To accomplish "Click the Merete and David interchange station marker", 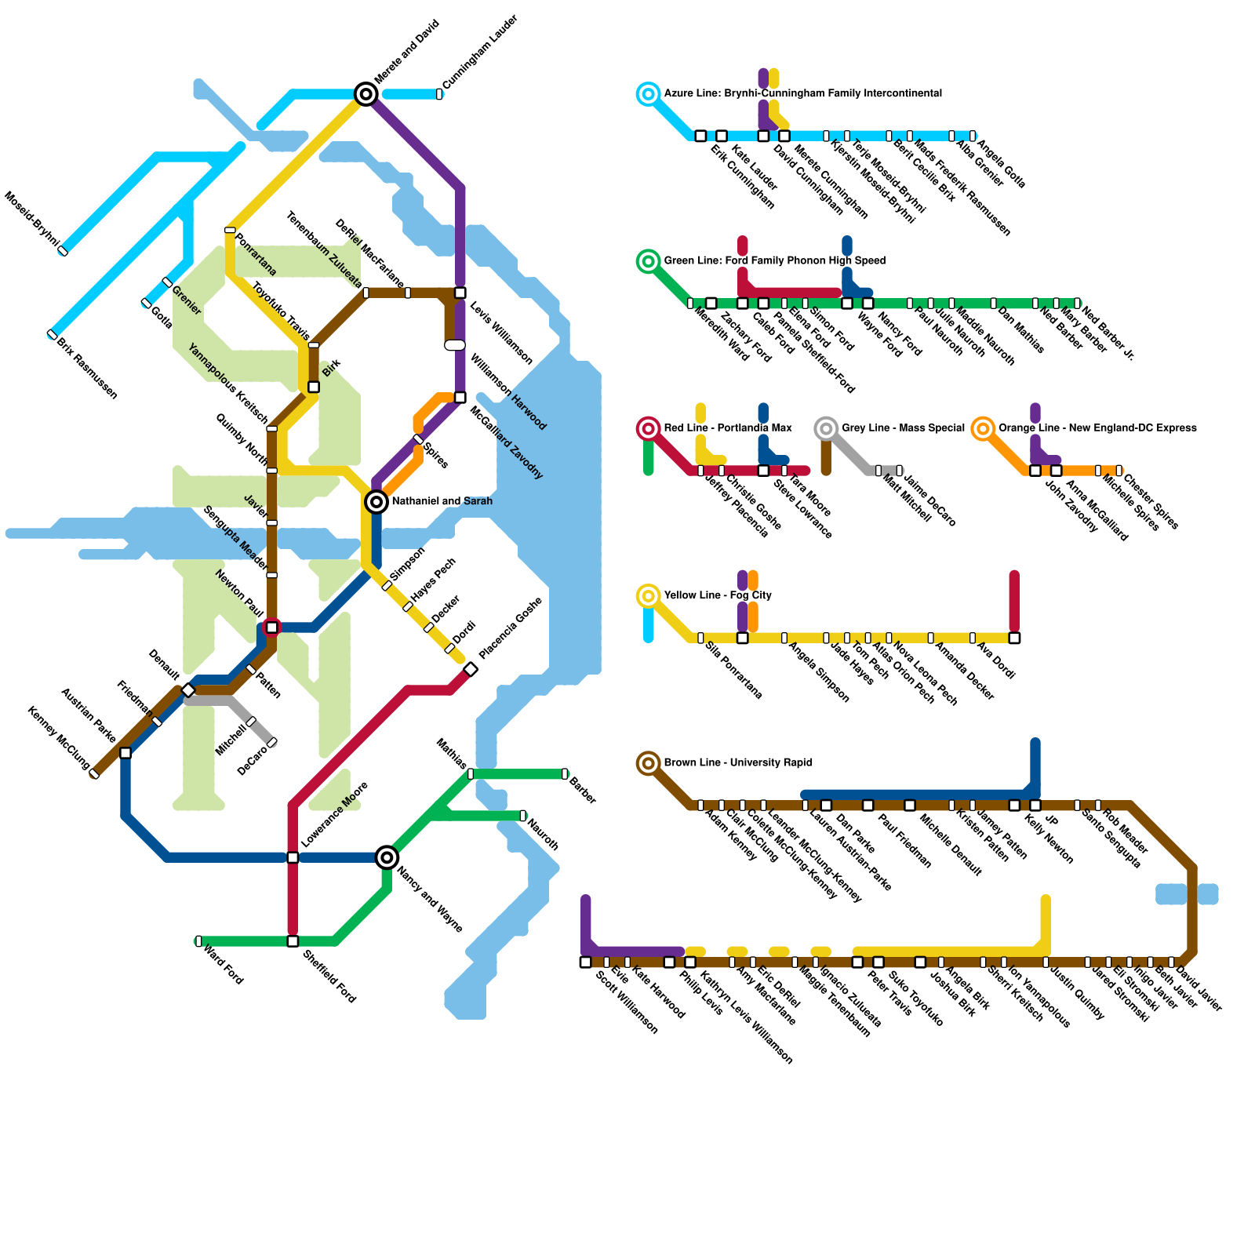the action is (366, 94).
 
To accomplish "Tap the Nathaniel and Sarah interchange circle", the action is (376, 501).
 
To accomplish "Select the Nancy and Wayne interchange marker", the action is (387, 857).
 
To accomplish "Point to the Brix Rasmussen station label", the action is (87, 369).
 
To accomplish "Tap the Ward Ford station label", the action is (223, 965).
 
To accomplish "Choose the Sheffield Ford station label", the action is (329, 977).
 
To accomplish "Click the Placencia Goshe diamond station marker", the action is (471, 669).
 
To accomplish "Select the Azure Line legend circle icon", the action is (648, 94).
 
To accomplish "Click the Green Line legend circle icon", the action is (648, 261).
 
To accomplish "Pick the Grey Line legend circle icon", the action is (826, 428).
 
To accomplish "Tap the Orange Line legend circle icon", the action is (983, 428).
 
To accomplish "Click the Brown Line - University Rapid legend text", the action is (737, 762).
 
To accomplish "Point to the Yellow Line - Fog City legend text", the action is (717, 595).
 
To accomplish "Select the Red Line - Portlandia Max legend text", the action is (727, 428).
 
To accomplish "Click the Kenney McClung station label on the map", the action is (59, 737).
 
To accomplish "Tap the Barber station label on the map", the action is (583, 791).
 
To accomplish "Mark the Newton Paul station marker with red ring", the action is (271, 627).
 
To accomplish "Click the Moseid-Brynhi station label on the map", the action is (31, 218).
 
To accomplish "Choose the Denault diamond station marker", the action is (188, 690).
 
